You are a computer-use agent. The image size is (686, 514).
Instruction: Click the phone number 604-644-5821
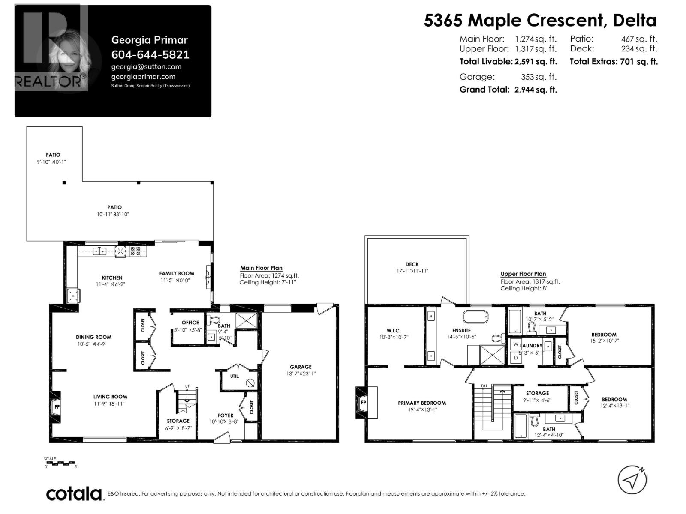(150, 54)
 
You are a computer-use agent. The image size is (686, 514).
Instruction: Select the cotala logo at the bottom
(74, 493)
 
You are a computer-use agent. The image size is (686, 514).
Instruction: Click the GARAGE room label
(301, 367)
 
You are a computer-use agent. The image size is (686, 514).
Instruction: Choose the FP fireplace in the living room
(57, 406)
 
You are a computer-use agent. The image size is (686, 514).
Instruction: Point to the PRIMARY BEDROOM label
(421, 403)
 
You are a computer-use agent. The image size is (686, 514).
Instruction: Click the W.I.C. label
(393, 330)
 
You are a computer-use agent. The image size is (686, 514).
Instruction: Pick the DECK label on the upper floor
(412, 264)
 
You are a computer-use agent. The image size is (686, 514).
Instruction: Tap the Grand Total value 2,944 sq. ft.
(536, 90)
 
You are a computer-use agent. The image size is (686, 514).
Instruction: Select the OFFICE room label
(190, 323)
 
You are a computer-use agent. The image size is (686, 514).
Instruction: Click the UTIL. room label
(235, 377)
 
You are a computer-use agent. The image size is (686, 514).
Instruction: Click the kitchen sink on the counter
(100, 251)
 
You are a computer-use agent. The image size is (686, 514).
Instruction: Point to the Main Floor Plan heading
(261, 268)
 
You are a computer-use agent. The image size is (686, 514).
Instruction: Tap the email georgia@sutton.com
(146, 66)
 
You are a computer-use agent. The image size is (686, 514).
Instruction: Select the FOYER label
(226, 415)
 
